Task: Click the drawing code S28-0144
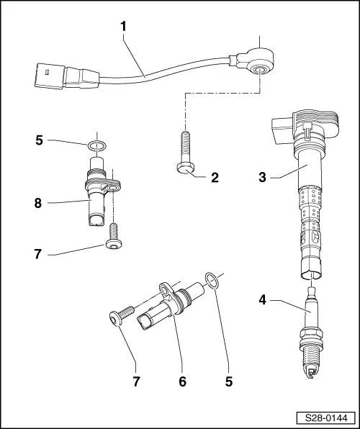point(325,417)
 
